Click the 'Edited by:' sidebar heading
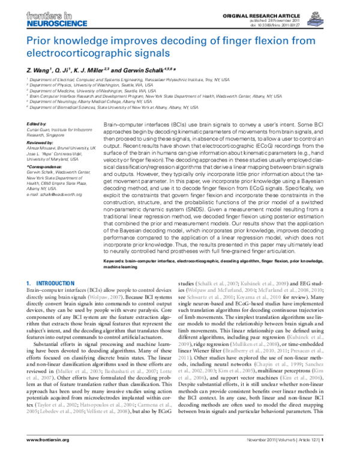(x=37, y=124)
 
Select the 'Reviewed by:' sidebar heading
(x=41, y=144)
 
